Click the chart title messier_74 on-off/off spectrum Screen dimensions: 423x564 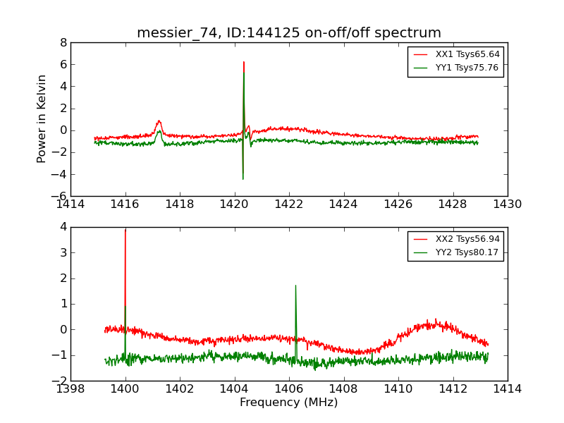[x=289, y=33]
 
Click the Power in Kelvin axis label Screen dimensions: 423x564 [x=42, y=118]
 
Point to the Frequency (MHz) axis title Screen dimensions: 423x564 [x=289, y=403]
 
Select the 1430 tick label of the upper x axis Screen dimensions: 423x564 [x=508, y=204]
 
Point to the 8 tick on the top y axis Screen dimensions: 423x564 [x=63, y=43]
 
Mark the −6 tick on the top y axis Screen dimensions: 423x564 [x=60, y=196]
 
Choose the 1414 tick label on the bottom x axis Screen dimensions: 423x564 [x=508, y=388]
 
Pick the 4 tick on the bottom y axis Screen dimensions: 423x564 [x=63, y=227]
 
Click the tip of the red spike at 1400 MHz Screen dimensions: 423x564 [x=125, y=230]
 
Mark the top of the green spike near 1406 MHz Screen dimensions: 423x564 [x=295, y=286]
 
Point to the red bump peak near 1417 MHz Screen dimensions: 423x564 [x=159, y=121]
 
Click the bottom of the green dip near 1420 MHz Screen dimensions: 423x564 [x=243, y=179]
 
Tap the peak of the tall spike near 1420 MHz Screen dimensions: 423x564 [x=244, y=62]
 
